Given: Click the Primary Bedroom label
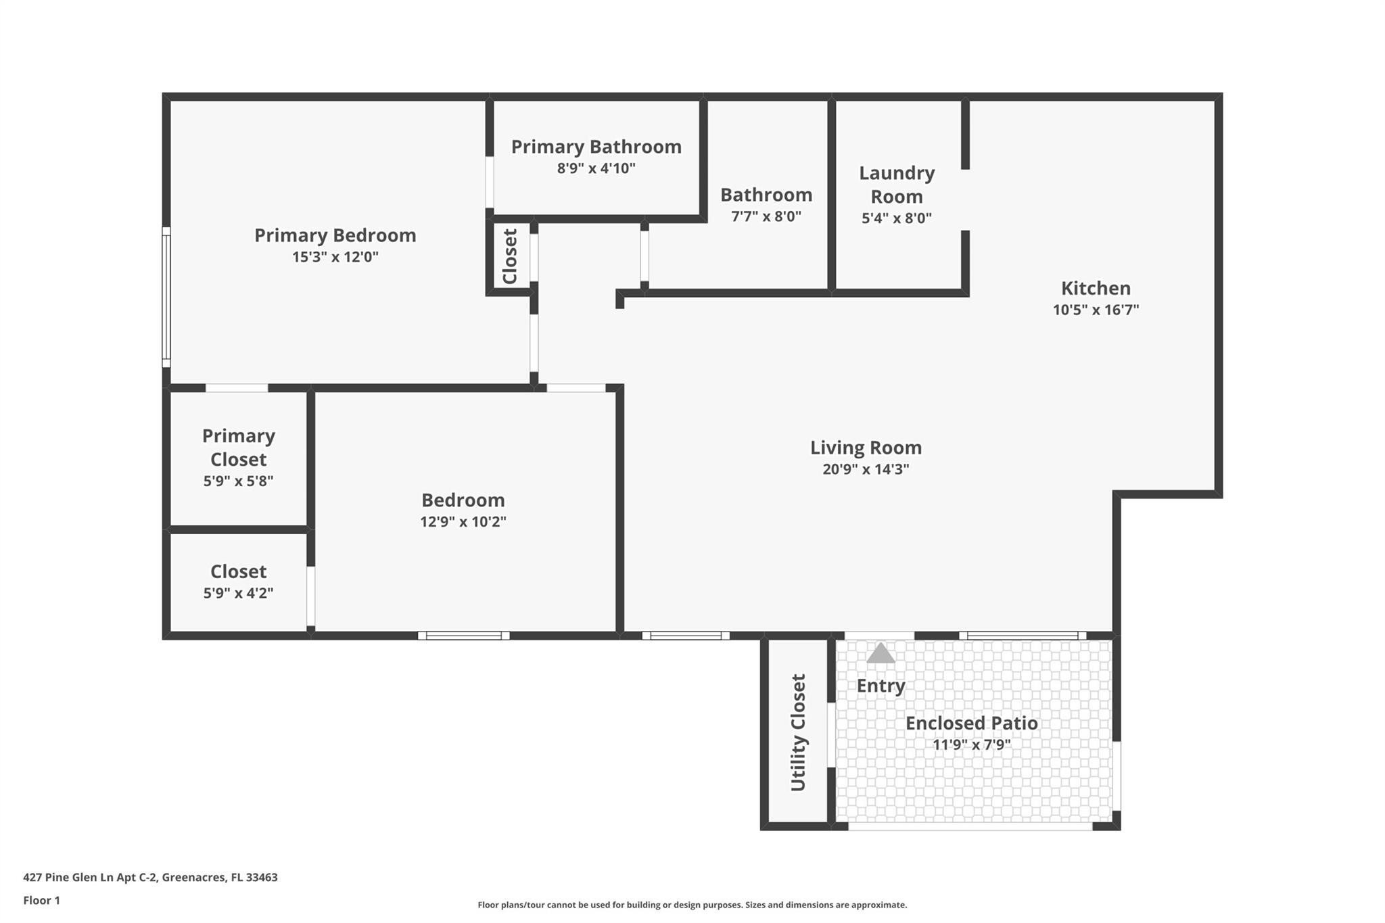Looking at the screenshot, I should (x=335, y=235).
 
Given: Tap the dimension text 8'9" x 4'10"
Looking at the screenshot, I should (x=596, y=168).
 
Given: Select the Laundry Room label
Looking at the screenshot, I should (x=897, y=185).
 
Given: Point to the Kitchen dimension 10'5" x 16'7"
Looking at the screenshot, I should (x=1096, y=310).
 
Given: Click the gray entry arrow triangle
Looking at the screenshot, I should (x=881, y=654).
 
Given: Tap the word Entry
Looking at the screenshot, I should (x=881, y=686).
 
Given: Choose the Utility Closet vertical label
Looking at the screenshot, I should (x=799, y=732).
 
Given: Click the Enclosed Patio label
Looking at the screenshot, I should (x=971, y=723).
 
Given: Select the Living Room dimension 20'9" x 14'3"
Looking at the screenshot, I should (x=866, y=469).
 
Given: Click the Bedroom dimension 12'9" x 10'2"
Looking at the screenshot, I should (x=463, y=522).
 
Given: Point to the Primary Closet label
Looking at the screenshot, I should (x=238, y=447).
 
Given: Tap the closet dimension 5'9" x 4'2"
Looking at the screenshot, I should (x=238, y=593).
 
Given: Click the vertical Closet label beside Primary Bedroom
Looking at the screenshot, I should (x=510, y=256).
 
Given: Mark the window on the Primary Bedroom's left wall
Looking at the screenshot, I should (x=166, y=297).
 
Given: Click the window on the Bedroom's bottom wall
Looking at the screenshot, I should (x=463, y=636).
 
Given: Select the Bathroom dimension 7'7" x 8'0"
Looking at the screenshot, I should (x=766, y=216).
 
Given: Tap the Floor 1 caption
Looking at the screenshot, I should (x=41, y=900).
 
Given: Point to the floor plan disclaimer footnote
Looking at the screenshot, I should (x=692, y=905).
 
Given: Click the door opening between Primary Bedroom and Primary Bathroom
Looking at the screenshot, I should (x=490, y=183).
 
